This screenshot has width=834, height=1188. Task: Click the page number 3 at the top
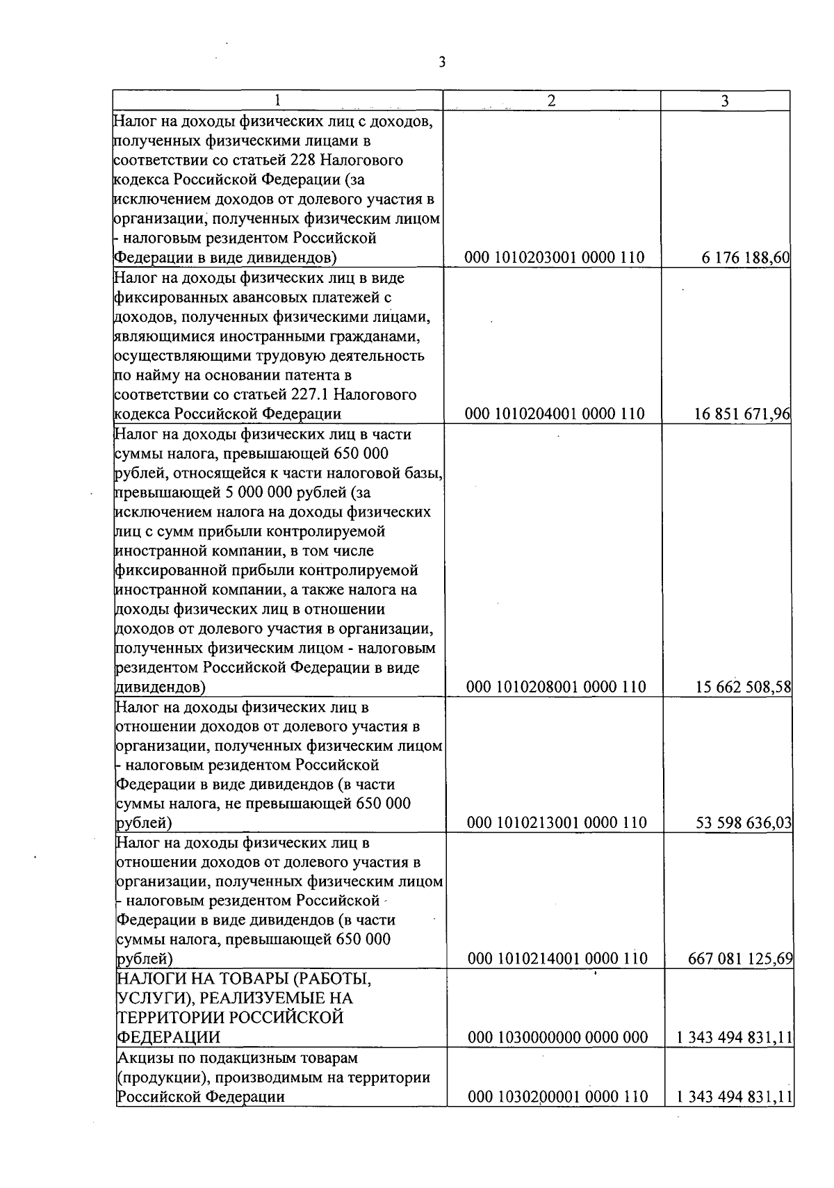[x=442, y=63]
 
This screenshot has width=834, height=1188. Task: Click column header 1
[x=277, y=101]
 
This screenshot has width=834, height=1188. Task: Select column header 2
[x=551, y=101]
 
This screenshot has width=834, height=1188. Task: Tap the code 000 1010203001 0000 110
[x=554, y=258]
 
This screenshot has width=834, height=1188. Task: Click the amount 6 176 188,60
[x=745, y=258]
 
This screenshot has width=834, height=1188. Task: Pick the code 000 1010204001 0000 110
[x=554, y=414]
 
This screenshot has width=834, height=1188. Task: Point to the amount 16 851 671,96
[x=742, y=414]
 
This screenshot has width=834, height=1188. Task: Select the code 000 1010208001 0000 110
[x=556, y=687]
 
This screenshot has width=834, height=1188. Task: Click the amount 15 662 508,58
[x=743, y=687]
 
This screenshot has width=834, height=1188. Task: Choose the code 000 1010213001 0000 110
[x=557, y=823]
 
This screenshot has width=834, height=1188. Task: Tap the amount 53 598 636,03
[x=744, y=823]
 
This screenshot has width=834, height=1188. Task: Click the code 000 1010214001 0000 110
[x=557, y=959]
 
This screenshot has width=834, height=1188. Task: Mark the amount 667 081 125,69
[x=739, y=959]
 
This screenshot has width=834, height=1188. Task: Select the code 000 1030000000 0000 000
[x=557, y=1038]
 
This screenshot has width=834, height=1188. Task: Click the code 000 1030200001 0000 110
[x=557, y=1097]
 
